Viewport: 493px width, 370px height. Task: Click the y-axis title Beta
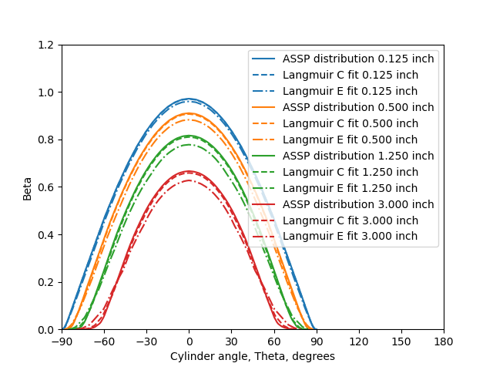(28, 188)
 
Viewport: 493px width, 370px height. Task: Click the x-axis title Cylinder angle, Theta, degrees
(253, 357)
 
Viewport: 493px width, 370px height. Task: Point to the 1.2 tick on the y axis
(47, 45)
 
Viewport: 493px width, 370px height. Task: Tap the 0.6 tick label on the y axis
(47, 187)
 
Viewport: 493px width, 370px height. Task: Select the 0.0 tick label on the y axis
(47, 330)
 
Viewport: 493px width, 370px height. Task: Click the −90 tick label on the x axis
(62, 341)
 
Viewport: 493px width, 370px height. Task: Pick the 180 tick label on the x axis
(444, 341)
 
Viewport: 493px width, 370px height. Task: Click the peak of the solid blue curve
(189, 99)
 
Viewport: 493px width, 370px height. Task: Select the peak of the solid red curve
(189, 171)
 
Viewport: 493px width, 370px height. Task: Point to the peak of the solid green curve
(189, 136)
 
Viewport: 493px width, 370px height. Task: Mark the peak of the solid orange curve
(189, 113)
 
